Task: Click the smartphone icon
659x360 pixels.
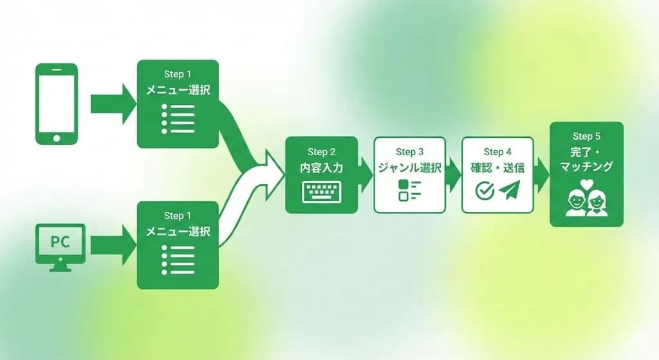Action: (56, 103)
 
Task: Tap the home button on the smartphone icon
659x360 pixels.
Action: (56, 137)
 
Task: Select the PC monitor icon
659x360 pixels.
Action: (60, 247)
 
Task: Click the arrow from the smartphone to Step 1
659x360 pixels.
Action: (113, 104)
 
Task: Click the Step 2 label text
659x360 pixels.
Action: (322, 152)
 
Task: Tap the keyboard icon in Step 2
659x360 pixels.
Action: (321, 191)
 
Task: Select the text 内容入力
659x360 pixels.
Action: (322, 169)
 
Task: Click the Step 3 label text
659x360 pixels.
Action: (410, 152)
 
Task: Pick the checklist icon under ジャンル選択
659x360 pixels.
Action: (409, 191)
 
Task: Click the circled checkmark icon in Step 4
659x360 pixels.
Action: (485, 191)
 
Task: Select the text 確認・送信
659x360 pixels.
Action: (497, 169)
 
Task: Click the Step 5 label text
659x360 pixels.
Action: (586, 137)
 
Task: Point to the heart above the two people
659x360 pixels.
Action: (586, 184)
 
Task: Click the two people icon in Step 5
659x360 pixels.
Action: (586, 204)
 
